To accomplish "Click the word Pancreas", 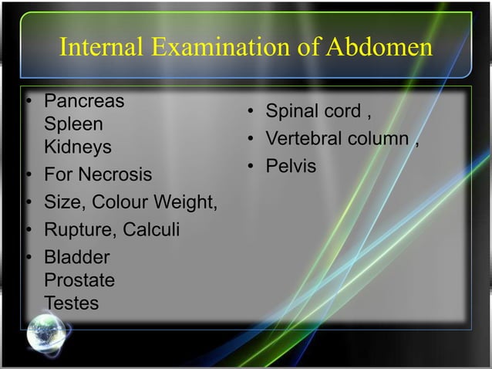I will click(x=84, y=101).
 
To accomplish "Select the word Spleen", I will click(x=73, y=124).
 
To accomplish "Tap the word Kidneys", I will click(x=78, y=147).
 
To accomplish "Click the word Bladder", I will click(x=77, y=257).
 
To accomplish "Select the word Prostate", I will click(x=79, y=279).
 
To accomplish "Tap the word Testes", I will click(x=72, y=303).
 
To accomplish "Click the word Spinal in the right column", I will click(x=291, y=112).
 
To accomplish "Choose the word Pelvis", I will click(x=291, y=167).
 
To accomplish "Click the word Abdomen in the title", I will click(x=379, y=48).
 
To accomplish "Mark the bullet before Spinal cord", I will click(x=251, y=113).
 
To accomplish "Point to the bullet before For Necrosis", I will click(x=29, y=175).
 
